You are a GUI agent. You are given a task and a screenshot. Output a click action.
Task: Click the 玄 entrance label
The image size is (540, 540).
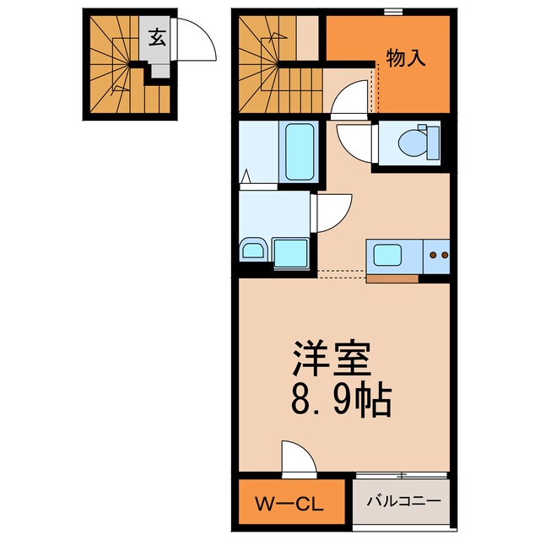coord(157,36)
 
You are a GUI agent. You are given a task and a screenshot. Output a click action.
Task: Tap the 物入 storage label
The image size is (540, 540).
coord(406,57)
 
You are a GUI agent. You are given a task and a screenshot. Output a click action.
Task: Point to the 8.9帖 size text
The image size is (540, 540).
coord(342,402)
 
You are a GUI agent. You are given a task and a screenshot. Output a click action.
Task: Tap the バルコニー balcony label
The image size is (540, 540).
coord(402,500)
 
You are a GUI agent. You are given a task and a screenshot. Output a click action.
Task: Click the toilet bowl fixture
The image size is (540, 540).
coord(418,142)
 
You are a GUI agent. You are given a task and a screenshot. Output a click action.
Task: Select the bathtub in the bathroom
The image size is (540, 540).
coord(300,153)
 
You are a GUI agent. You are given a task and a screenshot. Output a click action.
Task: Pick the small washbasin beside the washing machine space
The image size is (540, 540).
coord(253,251)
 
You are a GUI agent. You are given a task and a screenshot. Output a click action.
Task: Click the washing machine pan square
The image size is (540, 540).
coord(291,251)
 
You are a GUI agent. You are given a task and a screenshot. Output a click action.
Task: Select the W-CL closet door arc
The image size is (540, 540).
coord(297,458)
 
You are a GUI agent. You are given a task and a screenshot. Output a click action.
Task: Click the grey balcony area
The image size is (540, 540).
coord(402,510)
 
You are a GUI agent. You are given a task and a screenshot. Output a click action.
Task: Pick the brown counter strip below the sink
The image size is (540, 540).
coord(392,278)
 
